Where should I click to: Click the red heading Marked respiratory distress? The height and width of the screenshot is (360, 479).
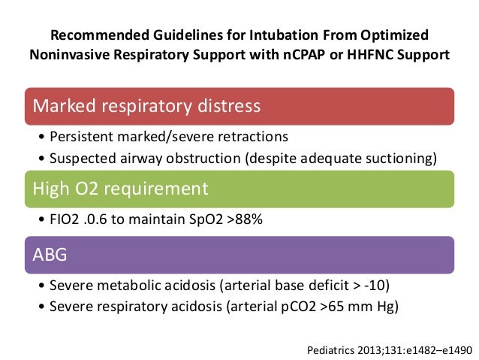[146, 106]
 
